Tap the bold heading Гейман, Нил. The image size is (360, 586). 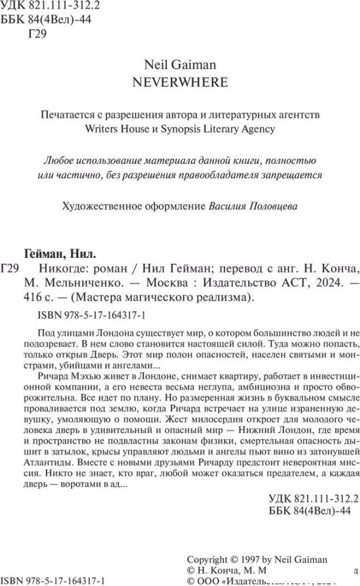[x=60, y=254]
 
